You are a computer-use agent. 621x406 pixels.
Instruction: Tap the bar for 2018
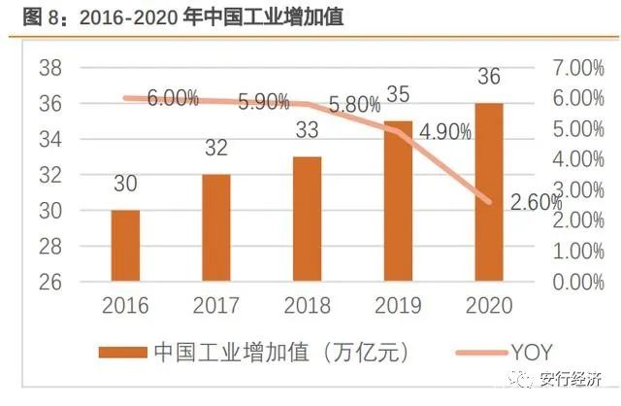(308, 220)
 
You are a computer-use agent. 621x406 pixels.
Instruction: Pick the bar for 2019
(399, 201)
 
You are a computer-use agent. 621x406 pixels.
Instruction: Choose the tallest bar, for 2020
(489, 192)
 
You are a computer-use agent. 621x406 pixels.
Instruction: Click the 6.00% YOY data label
(173, 98)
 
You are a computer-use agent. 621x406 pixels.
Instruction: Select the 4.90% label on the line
(445, 131)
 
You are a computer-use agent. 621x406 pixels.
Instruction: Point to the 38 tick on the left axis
(50, 68)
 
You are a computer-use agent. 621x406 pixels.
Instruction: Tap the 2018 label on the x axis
(308, 306)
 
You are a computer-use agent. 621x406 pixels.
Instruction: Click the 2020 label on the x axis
(489, 306)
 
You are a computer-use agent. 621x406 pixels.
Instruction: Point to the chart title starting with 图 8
(175, 17)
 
